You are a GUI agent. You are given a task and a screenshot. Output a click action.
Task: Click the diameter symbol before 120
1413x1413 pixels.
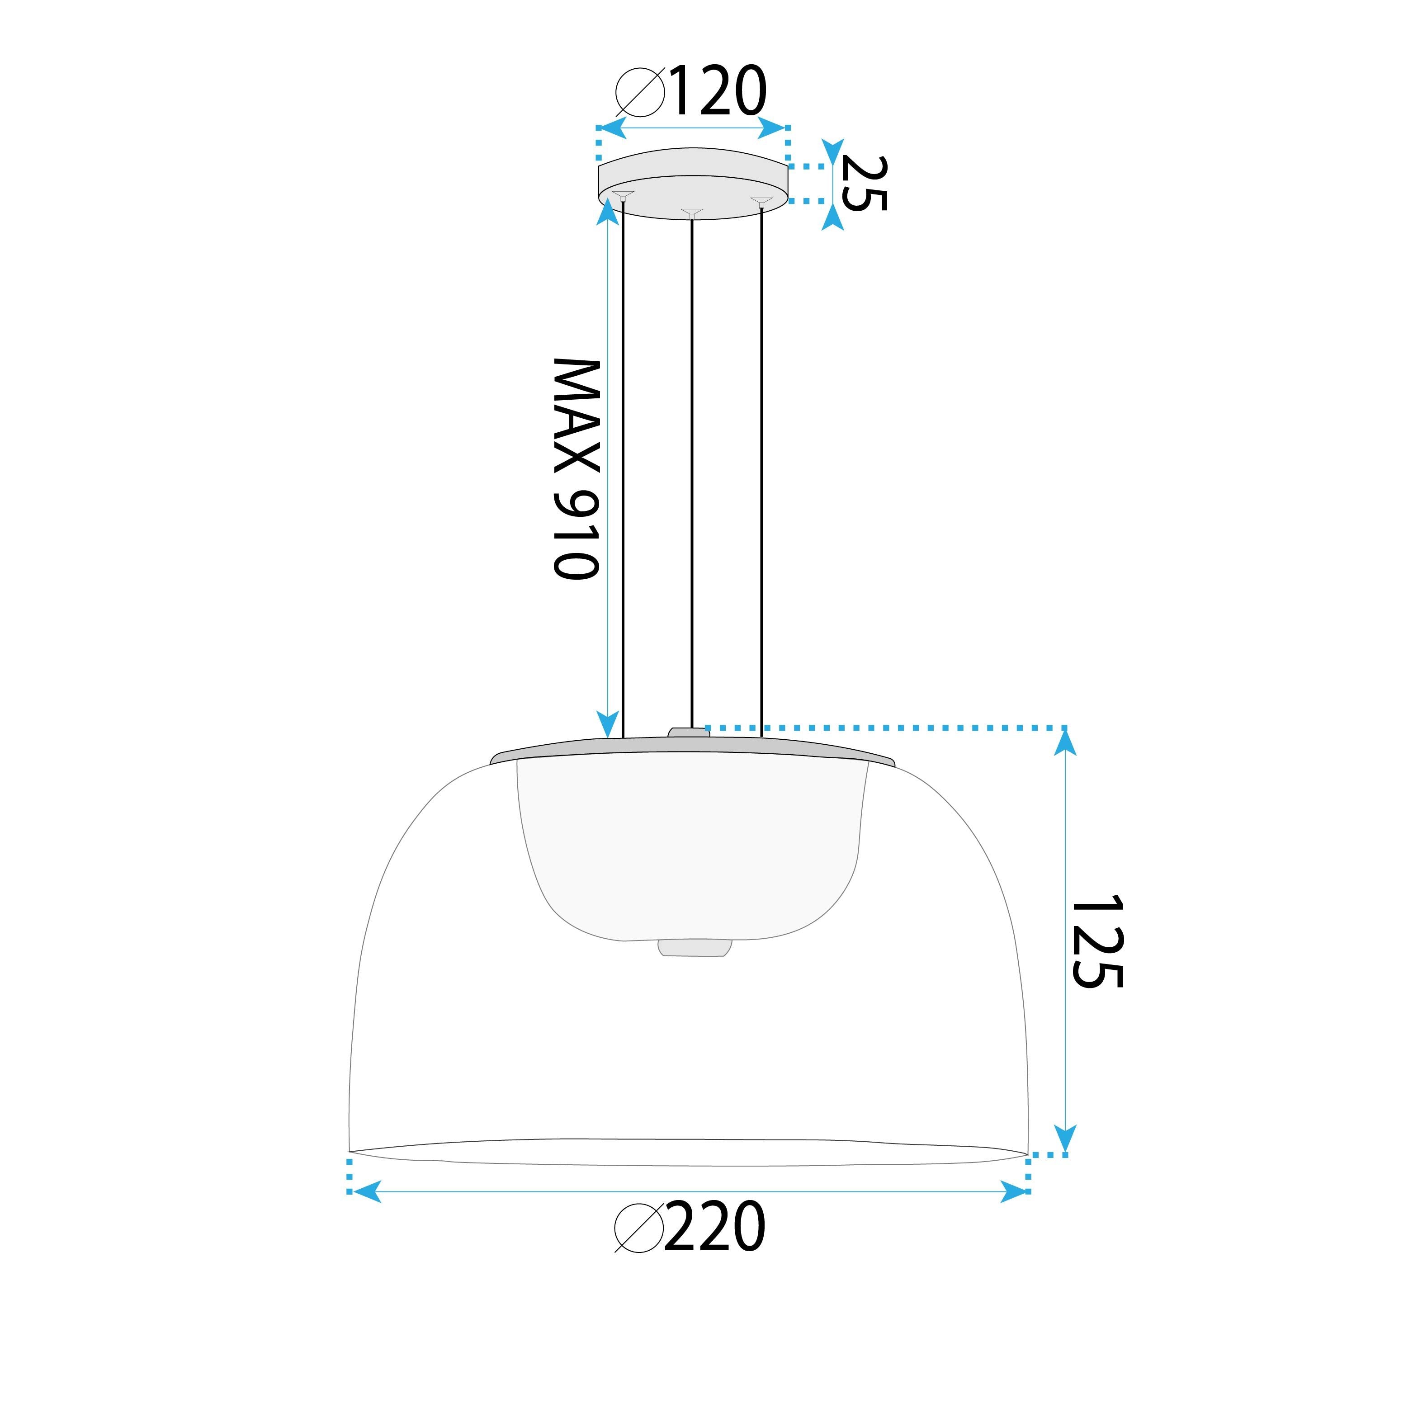[640, 92]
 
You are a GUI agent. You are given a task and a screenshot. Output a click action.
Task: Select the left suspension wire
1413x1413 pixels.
[622, 468]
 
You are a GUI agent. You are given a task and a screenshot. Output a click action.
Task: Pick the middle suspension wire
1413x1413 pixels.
[692, 468]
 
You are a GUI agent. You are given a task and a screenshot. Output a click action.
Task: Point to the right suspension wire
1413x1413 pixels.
[761, 468]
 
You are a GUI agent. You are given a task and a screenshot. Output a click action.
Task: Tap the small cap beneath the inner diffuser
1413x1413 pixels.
[694, 948]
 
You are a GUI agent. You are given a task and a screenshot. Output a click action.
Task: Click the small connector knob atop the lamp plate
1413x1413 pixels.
[688, 732]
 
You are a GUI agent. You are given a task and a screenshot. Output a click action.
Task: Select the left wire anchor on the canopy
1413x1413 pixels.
[622, 195]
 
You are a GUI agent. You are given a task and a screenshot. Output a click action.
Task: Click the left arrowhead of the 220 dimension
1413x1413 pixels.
[366, 1191]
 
